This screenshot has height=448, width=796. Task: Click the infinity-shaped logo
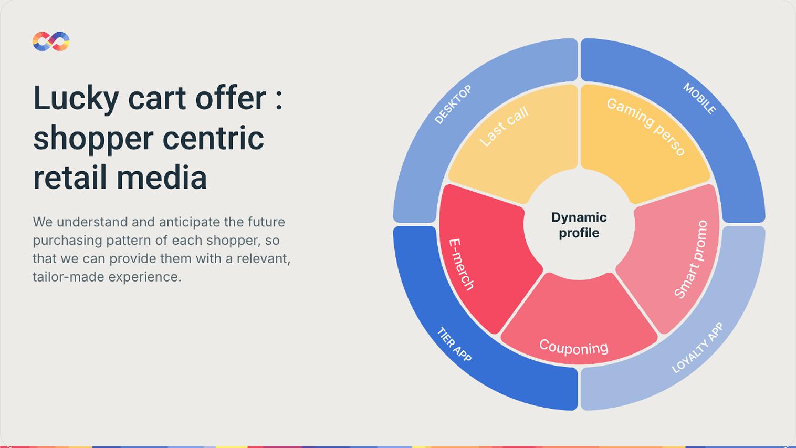tap(51, 41)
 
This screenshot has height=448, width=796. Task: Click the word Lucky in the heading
tap(76, 99)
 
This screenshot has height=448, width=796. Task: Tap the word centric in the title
tap(213, 138)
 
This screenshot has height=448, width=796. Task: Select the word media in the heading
tap(162, 178)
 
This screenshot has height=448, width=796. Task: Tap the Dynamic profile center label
tap(579, 225)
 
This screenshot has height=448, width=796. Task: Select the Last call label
tap(504, 127)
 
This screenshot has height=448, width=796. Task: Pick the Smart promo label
tap(691, 259)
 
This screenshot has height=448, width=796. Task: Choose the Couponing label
tap(573, 347)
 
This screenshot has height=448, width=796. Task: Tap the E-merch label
tap(461, 265)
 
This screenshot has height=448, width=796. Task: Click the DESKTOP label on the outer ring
tap(453, 105)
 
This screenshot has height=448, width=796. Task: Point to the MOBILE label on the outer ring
tap(699, 99)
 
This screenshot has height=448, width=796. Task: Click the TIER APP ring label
tap(454, 344)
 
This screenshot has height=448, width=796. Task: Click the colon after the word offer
tap(279, 99)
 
